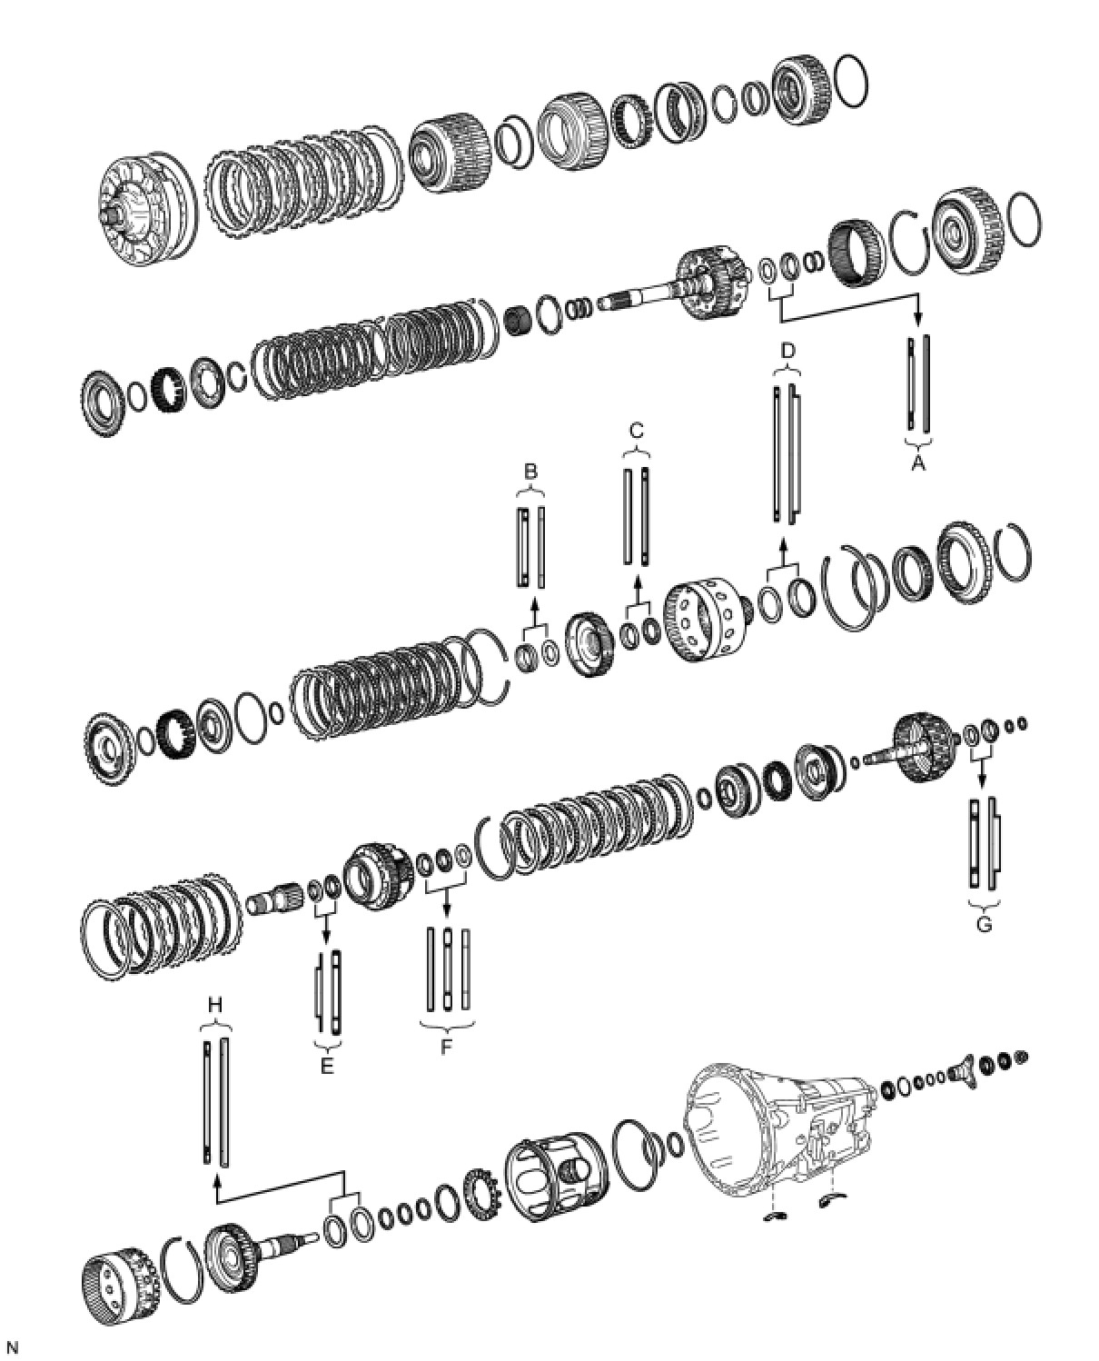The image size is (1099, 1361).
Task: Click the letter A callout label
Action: pos(918,462)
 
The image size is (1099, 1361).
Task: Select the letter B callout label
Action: pos(531,471)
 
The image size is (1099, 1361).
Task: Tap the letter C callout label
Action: pos(636,431)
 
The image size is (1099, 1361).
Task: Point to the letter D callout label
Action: pos(787,350)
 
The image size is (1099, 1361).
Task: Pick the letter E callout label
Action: pos(327,1066)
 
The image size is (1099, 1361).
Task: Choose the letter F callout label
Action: pos(446,1047)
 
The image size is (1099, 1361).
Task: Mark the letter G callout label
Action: pos(984,925)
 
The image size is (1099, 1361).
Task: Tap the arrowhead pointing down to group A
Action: pos(917,319)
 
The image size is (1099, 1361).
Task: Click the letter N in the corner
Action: pos(12,1348)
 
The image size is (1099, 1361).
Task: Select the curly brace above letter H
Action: pos(215,1025)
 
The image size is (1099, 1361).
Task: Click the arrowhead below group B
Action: pos(533,605)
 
